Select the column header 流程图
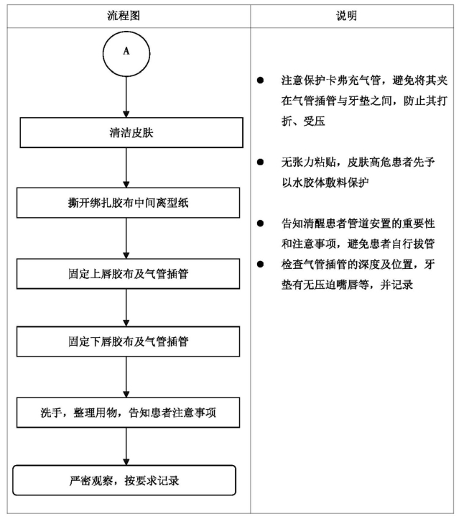[x=124, y=16]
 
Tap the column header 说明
[x=347, y=16]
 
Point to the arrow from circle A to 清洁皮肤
[x=126, y=97]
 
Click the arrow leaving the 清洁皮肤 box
[x=126, y=167]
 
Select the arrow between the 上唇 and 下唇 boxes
[x=126, y=308]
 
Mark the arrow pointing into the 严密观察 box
[x=126, y=446]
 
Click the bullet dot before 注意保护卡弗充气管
[x=260, y=80]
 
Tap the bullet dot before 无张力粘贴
[x=260, y=162]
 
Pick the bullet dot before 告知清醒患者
[x=260, y=224]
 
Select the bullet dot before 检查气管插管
[x=260, y=264]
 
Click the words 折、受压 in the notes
[x=303, y=121]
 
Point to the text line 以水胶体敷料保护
[x=325, y=183]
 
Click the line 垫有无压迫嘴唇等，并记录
[x=347, y=285]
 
